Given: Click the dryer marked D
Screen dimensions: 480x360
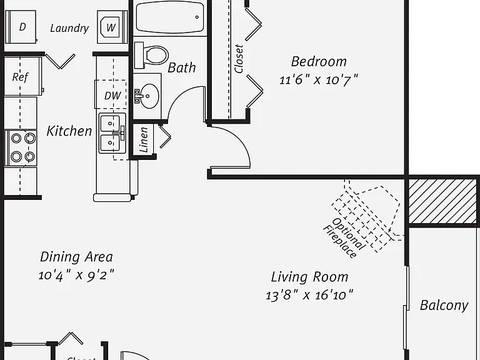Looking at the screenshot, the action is [x=21, y=27].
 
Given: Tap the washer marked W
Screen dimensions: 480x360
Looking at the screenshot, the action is [x=112, y=27].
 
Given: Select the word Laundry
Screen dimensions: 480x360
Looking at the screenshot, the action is [x=69, y=29].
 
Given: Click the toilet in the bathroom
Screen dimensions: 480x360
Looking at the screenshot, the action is [x=151, y=56].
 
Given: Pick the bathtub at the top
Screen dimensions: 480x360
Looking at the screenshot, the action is [x=170, y=17].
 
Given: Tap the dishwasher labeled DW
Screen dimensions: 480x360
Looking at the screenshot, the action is [x=111, y=94].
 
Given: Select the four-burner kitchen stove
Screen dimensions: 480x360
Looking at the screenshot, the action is [x=21, y=148].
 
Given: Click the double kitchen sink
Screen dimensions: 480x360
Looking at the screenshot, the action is [x=112, y=133].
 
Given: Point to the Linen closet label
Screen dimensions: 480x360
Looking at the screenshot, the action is [x=144, y=140].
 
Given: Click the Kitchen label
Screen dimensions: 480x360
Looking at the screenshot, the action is [x=69, y=131].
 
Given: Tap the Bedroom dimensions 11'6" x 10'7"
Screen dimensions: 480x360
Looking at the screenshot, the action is [x=318, y=80].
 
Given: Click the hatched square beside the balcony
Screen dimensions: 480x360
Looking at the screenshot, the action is [x=442, y=201].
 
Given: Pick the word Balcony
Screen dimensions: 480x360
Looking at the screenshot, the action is [x=444, y=306].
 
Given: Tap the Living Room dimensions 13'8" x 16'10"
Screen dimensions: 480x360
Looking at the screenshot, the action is [x=309, y=296].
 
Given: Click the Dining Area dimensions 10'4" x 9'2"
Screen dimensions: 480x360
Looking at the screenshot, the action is [x=76, y=275].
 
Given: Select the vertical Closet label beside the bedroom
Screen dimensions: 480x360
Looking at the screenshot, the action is [x=239, y=59].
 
